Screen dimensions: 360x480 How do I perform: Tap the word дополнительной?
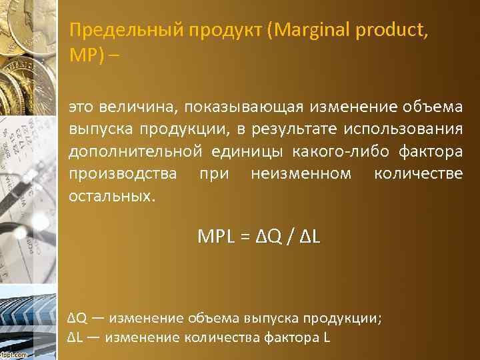pyautogui.click(x=135, y=151)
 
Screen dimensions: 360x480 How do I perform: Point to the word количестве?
pyautogui.click(x=418, y=174)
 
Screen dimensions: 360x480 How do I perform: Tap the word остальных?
pyautogui.click(x=110, y=197)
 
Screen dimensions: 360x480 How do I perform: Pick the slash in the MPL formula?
pyautogui.click(x=288, y=237)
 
